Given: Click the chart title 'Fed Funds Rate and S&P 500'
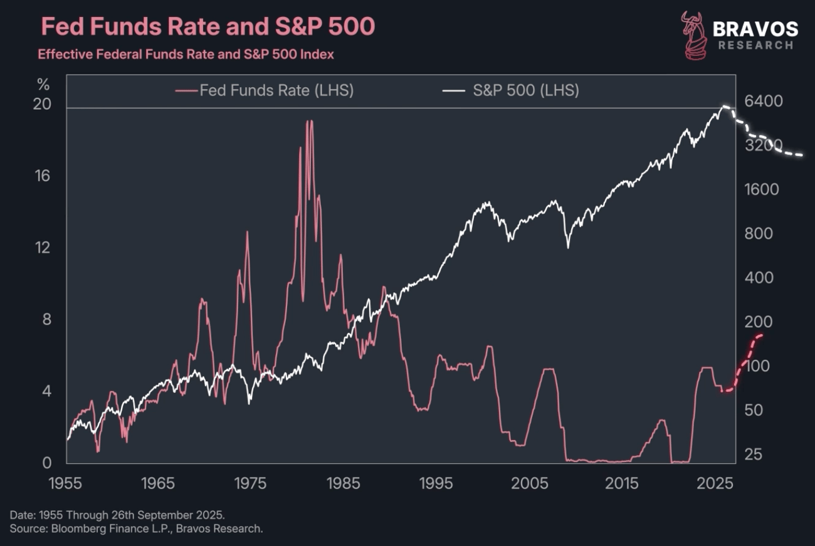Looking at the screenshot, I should coord(208,26).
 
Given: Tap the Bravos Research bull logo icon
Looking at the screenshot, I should coord(694,35).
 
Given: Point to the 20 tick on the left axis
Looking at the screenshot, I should coord(42,104).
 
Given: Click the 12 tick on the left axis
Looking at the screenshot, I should coord(42,248).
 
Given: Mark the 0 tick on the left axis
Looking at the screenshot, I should coord(46,463).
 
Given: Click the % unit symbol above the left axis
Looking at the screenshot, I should coord(43,84).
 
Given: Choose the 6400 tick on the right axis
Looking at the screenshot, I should coord(761,102).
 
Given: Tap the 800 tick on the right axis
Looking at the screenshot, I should coord(758,234).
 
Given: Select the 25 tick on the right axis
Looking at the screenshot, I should coord(754,454).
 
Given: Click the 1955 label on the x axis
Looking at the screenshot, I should coord(66,483).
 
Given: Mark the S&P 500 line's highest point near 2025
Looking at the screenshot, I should coord(725,107).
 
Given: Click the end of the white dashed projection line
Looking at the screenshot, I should coord(802,154).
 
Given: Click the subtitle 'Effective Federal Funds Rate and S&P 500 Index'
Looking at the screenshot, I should coord(186,55).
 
